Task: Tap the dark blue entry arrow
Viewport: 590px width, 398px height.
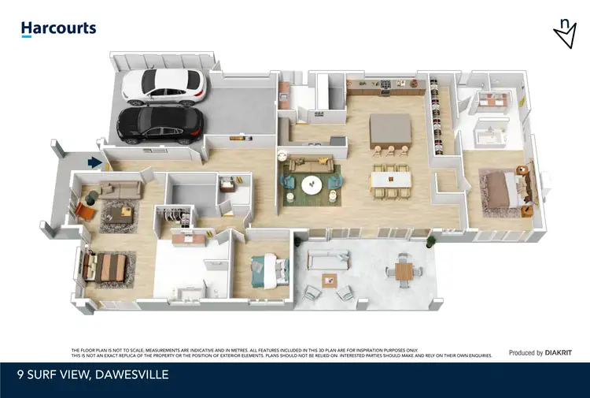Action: tap(95, 163)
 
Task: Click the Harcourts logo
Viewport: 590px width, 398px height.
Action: tap(58, 29)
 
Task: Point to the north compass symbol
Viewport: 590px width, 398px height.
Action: tap(565, 33)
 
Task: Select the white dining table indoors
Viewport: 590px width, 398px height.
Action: tap(391, 179)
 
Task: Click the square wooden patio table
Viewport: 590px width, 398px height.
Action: tap(404, 271)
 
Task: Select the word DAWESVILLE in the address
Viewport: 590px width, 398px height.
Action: tap(130, 375)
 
